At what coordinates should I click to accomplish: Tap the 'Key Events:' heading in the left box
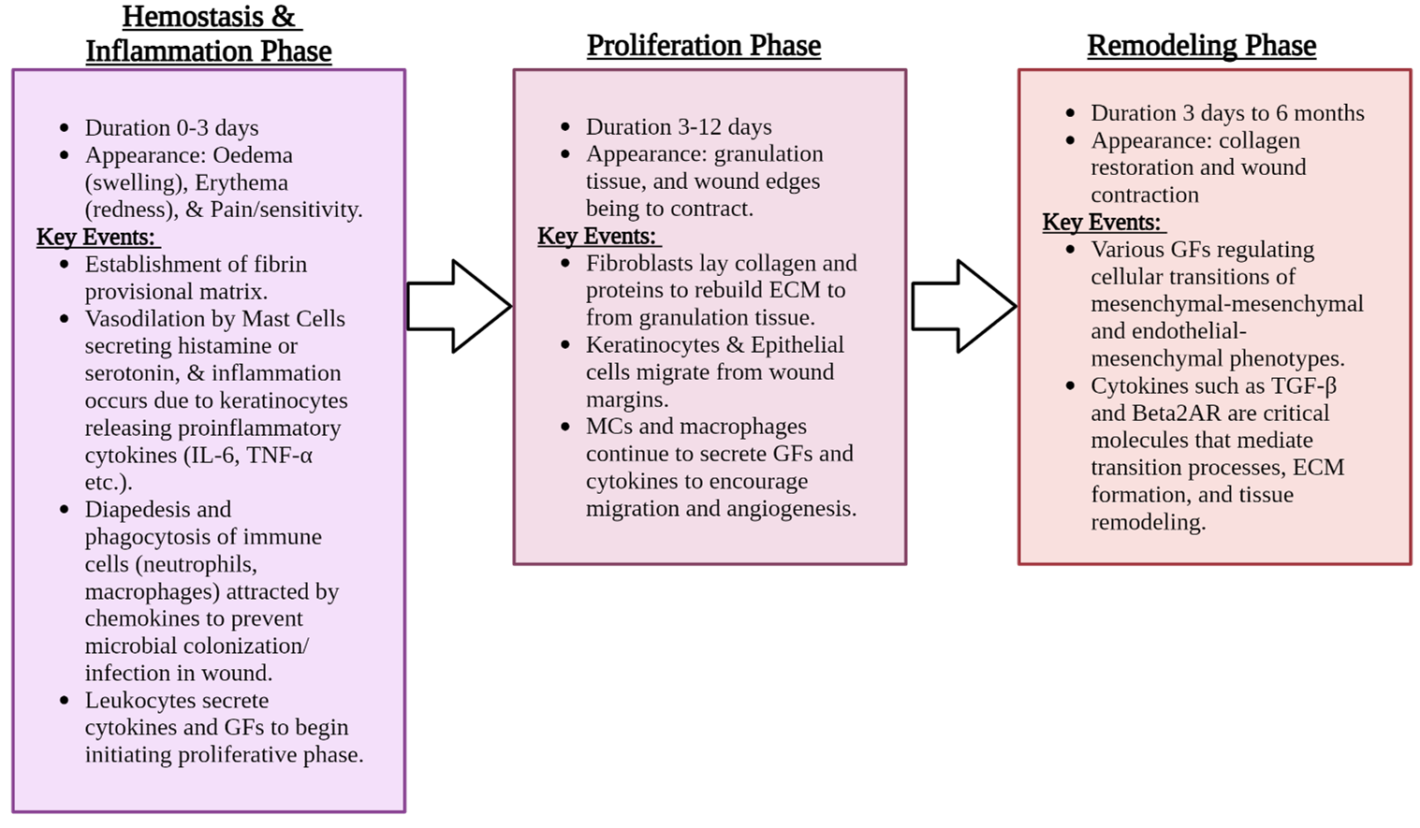click(x=95, y=237)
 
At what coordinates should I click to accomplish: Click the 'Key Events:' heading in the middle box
click(x=596, y=236)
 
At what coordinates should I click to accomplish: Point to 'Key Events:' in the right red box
click(x=1102, y=222)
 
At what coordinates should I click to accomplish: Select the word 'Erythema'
click(x=242, y=182)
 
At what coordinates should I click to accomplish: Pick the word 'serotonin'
click(x=130, y=373)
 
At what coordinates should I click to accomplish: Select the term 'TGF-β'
click(x=1304, y=386)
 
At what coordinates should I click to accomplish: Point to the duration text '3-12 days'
click(x=725, y=127)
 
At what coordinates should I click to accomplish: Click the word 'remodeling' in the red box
click(x=1148, y=522)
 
